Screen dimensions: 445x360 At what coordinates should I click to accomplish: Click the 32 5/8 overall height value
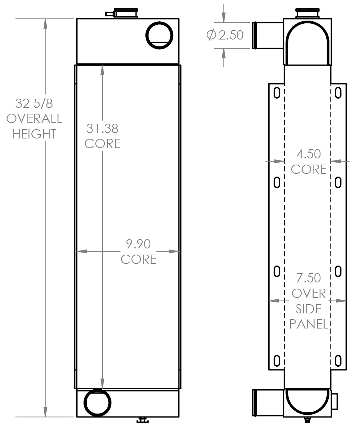34,103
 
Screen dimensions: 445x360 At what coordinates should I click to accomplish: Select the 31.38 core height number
102,129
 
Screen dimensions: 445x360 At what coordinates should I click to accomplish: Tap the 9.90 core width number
138,244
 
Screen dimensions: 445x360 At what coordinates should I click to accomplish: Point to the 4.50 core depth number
308,154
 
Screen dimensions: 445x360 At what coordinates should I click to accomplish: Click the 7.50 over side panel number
308,278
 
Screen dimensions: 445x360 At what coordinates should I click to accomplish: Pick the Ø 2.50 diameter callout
225,35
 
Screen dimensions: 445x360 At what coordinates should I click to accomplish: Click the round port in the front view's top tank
159,35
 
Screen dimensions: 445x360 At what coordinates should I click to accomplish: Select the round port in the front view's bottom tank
98,403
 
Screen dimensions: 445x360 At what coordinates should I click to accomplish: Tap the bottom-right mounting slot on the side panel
338,361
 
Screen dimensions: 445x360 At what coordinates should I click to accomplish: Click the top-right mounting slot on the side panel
338,93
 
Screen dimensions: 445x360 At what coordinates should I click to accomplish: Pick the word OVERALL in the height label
34,119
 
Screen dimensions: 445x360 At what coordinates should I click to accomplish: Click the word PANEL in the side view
308,324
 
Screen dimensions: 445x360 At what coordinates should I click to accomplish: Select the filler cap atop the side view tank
308,14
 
